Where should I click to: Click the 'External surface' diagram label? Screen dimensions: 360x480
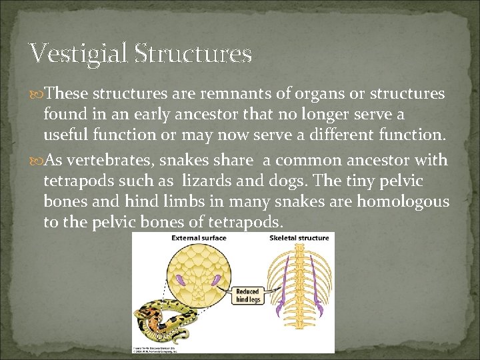[x=199, y=238]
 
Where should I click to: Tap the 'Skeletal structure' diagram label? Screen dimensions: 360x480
[x=299, y=238]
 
